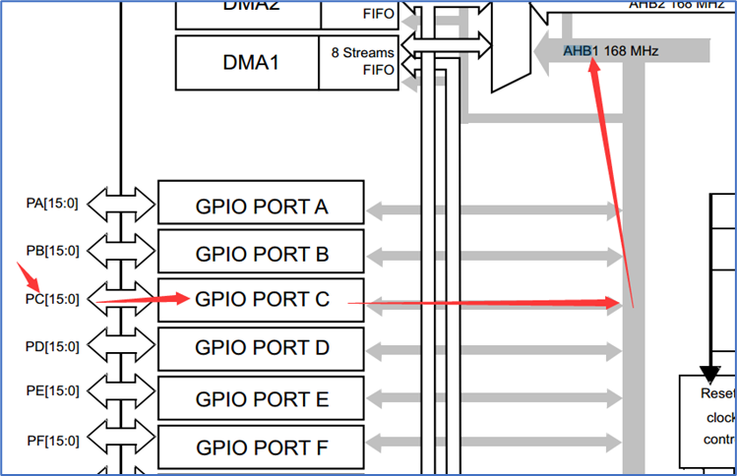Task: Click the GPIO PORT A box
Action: [x=261, y=207]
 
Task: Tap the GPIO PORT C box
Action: [x=261, y=300]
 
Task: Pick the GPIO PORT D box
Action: [x=261, y=348]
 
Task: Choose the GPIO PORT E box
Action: [x=261, y=399]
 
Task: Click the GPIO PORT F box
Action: [x=261, y=448]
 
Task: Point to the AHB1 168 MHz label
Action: [x=610, y=50]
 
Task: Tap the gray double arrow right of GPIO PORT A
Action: [x=492, y=208]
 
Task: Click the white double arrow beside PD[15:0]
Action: [x=121, y=346]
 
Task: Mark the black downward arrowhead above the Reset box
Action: [x=709, y=372]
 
